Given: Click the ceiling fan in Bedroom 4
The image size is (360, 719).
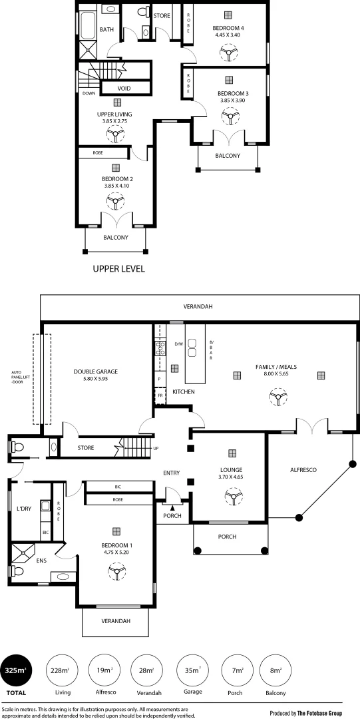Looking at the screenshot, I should pos(230,53).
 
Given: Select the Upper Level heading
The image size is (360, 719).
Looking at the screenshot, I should pos(118,270).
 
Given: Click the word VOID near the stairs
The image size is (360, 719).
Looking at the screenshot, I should pos(124,89).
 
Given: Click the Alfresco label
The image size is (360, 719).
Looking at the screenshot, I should pos(303,470).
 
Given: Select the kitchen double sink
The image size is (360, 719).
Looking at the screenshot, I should pos(193,348).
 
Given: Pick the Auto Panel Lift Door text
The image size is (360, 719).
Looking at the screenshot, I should pos(17,377).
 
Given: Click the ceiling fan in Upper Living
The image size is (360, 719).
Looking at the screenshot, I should pos(116,136).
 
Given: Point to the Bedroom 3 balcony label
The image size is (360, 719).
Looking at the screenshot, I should pos(227,156).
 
